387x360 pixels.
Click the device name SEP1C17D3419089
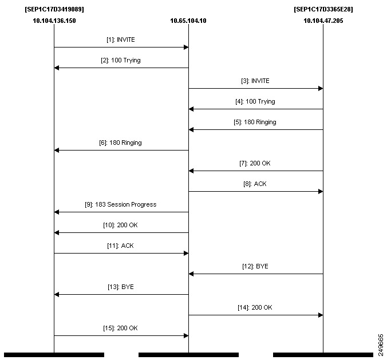tap(54, 9)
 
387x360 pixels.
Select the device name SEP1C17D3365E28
tap(323, 9)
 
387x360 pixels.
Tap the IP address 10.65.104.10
tap(188, 21)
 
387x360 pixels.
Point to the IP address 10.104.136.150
tap(54, 21)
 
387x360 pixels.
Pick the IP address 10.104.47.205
tap(323, 21)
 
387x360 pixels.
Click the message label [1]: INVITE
tap(121, 39)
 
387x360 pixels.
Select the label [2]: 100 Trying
tap(121, 61)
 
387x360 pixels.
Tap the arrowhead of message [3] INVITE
tap(321, 88)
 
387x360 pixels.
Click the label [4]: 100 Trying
tap(255, 102)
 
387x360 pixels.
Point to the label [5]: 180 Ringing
tap(255, 122)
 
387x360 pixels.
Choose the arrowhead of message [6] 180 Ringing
tap(57, 150)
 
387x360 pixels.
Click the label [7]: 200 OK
tap(255, 163)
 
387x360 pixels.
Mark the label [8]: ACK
tap(255, 184)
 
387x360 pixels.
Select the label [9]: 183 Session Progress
tap(121, 204)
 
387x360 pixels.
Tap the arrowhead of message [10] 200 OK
tap(57, 232)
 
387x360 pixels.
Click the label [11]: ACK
tap(120, 246)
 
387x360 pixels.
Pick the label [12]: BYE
tap(255, 266)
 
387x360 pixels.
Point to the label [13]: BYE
tap(121, 287)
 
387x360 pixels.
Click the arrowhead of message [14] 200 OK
tap(321, 315)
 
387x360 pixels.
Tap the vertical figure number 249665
tap(381, 345)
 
